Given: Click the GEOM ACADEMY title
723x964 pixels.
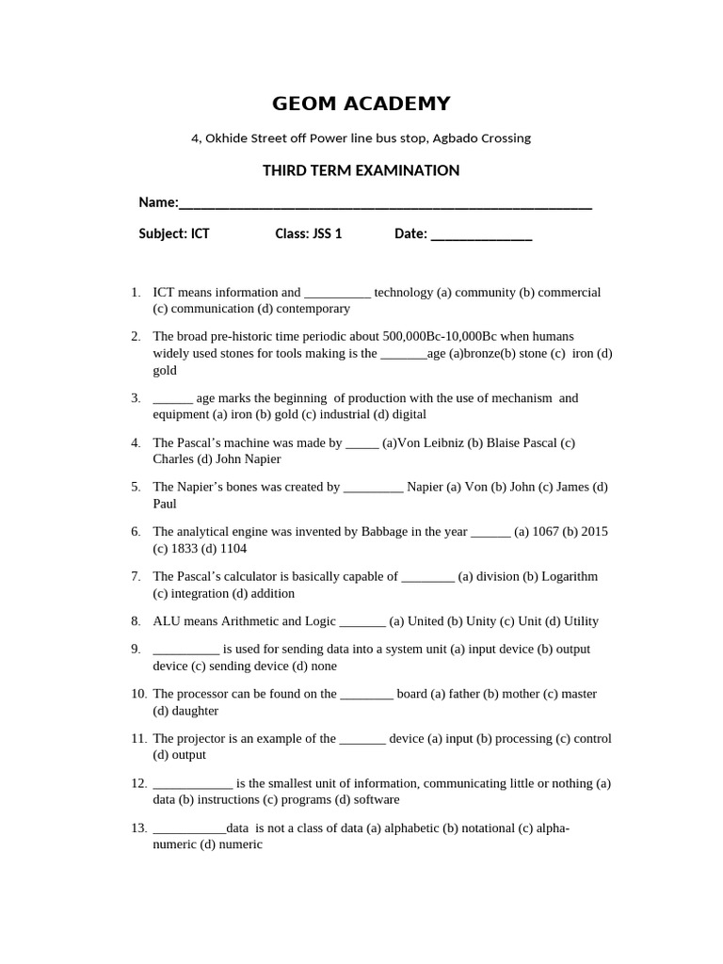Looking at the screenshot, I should [x=361, y=104].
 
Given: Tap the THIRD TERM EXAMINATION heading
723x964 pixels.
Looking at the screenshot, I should [x=361, y=170].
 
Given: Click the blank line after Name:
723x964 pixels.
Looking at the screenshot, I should [x=385, y=204].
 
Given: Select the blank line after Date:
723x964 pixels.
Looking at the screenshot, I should [x=481, y=235].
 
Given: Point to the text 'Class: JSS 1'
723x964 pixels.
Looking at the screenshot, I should [x=308, y=233].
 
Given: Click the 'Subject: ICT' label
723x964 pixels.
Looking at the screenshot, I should [x=174, y=233].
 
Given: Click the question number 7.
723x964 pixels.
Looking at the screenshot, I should [x=136, y=576].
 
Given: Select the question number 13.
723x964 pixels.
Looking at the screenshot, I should [x=138, y=828].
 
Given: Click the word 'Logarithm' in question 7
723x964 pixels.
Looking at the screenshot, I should [x=570, y=576].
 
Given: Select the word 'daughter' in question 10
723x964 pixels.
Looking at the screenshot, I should [x=195, y=711].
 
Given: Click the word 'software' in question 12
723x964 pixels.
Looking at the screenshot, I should [x=376, y=799].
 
